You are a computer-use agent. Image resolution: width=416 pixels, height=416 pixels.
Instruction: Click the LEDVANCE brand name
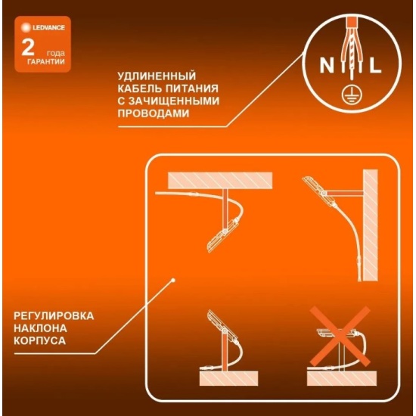click(48, 27)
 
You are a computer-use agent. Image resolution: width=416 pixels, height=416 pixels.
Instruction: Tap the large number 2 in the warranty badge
click(27, 48)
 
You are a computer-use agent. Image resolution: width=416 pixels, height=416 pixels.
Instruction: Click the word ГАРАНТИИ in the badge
click(46, 62)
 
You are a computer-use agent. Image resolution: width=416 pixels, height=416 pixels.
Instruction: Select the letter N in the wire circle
click(327, 65)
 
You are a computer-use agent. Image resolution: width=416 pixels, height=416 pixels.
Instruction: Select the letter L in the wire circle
click(375, 65)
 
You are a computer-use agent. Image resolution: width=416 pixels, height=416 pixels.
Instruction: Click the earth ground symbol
click(351, 95)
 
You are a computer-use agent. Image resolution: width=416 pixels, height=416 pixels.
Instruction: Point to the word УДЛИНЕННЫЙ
click(157, 76)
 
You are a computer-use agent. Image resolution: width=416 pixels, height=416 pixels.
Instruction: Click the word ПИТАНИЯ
click(192, 88)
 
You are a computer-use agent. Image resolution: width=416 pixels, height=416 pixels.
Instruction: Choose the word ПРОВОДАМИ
click(154, 113)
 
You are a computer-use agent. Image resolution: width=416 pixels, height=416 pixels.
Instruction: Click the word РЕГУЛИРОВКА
click(54, 316)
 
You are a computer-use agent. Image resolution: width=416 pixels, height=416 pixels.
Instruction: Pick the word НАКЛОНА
click(40, 328)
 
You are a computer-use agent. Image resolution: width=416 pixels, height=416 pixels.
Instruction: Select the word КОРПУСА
click(40, 340)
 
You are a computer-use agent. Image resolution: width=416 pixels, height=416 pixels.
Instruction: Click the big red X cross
click(340, 337)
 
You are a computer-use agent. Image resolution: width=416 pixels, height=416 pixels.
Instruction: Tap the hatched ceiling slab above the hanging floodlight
click(220, 181)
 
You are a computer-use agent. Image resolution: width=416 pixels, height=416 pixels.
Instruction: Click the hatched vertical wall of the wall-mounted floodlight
click(371, 225)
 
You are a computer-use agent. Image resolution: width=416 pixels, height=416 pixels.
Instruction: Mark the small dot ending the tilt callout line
click(173, 280)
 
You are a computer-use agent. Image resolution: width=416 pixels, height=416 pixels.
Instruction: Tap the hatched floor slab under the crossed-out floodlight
click(342, 379)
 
